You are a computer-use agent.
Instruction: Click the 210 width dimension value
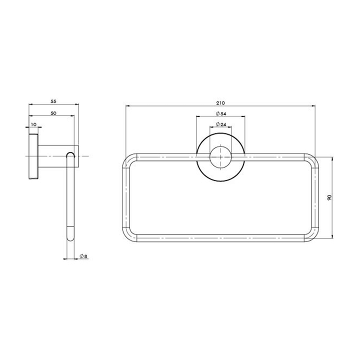(x=220, y=103)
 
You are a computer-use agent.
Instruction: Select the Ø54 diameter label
(x=221, y=114)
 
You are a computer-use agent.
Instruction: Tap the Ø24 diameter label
(x=221, y=124)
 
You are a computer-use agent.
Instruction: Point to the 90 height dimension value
(x=329, y=197)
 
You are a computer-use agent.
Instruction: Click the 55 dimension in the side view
(x=53, y=101)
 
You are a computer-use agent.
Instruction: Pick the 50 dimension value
(x=53, y=113)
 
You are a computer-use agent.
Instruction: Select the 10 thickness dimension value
(x=34, y=124)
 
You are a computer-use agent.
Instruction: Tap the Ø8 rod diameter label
(x=83, y=256)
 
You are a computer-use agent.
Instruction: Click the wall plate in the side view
(x=33, y=156)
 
